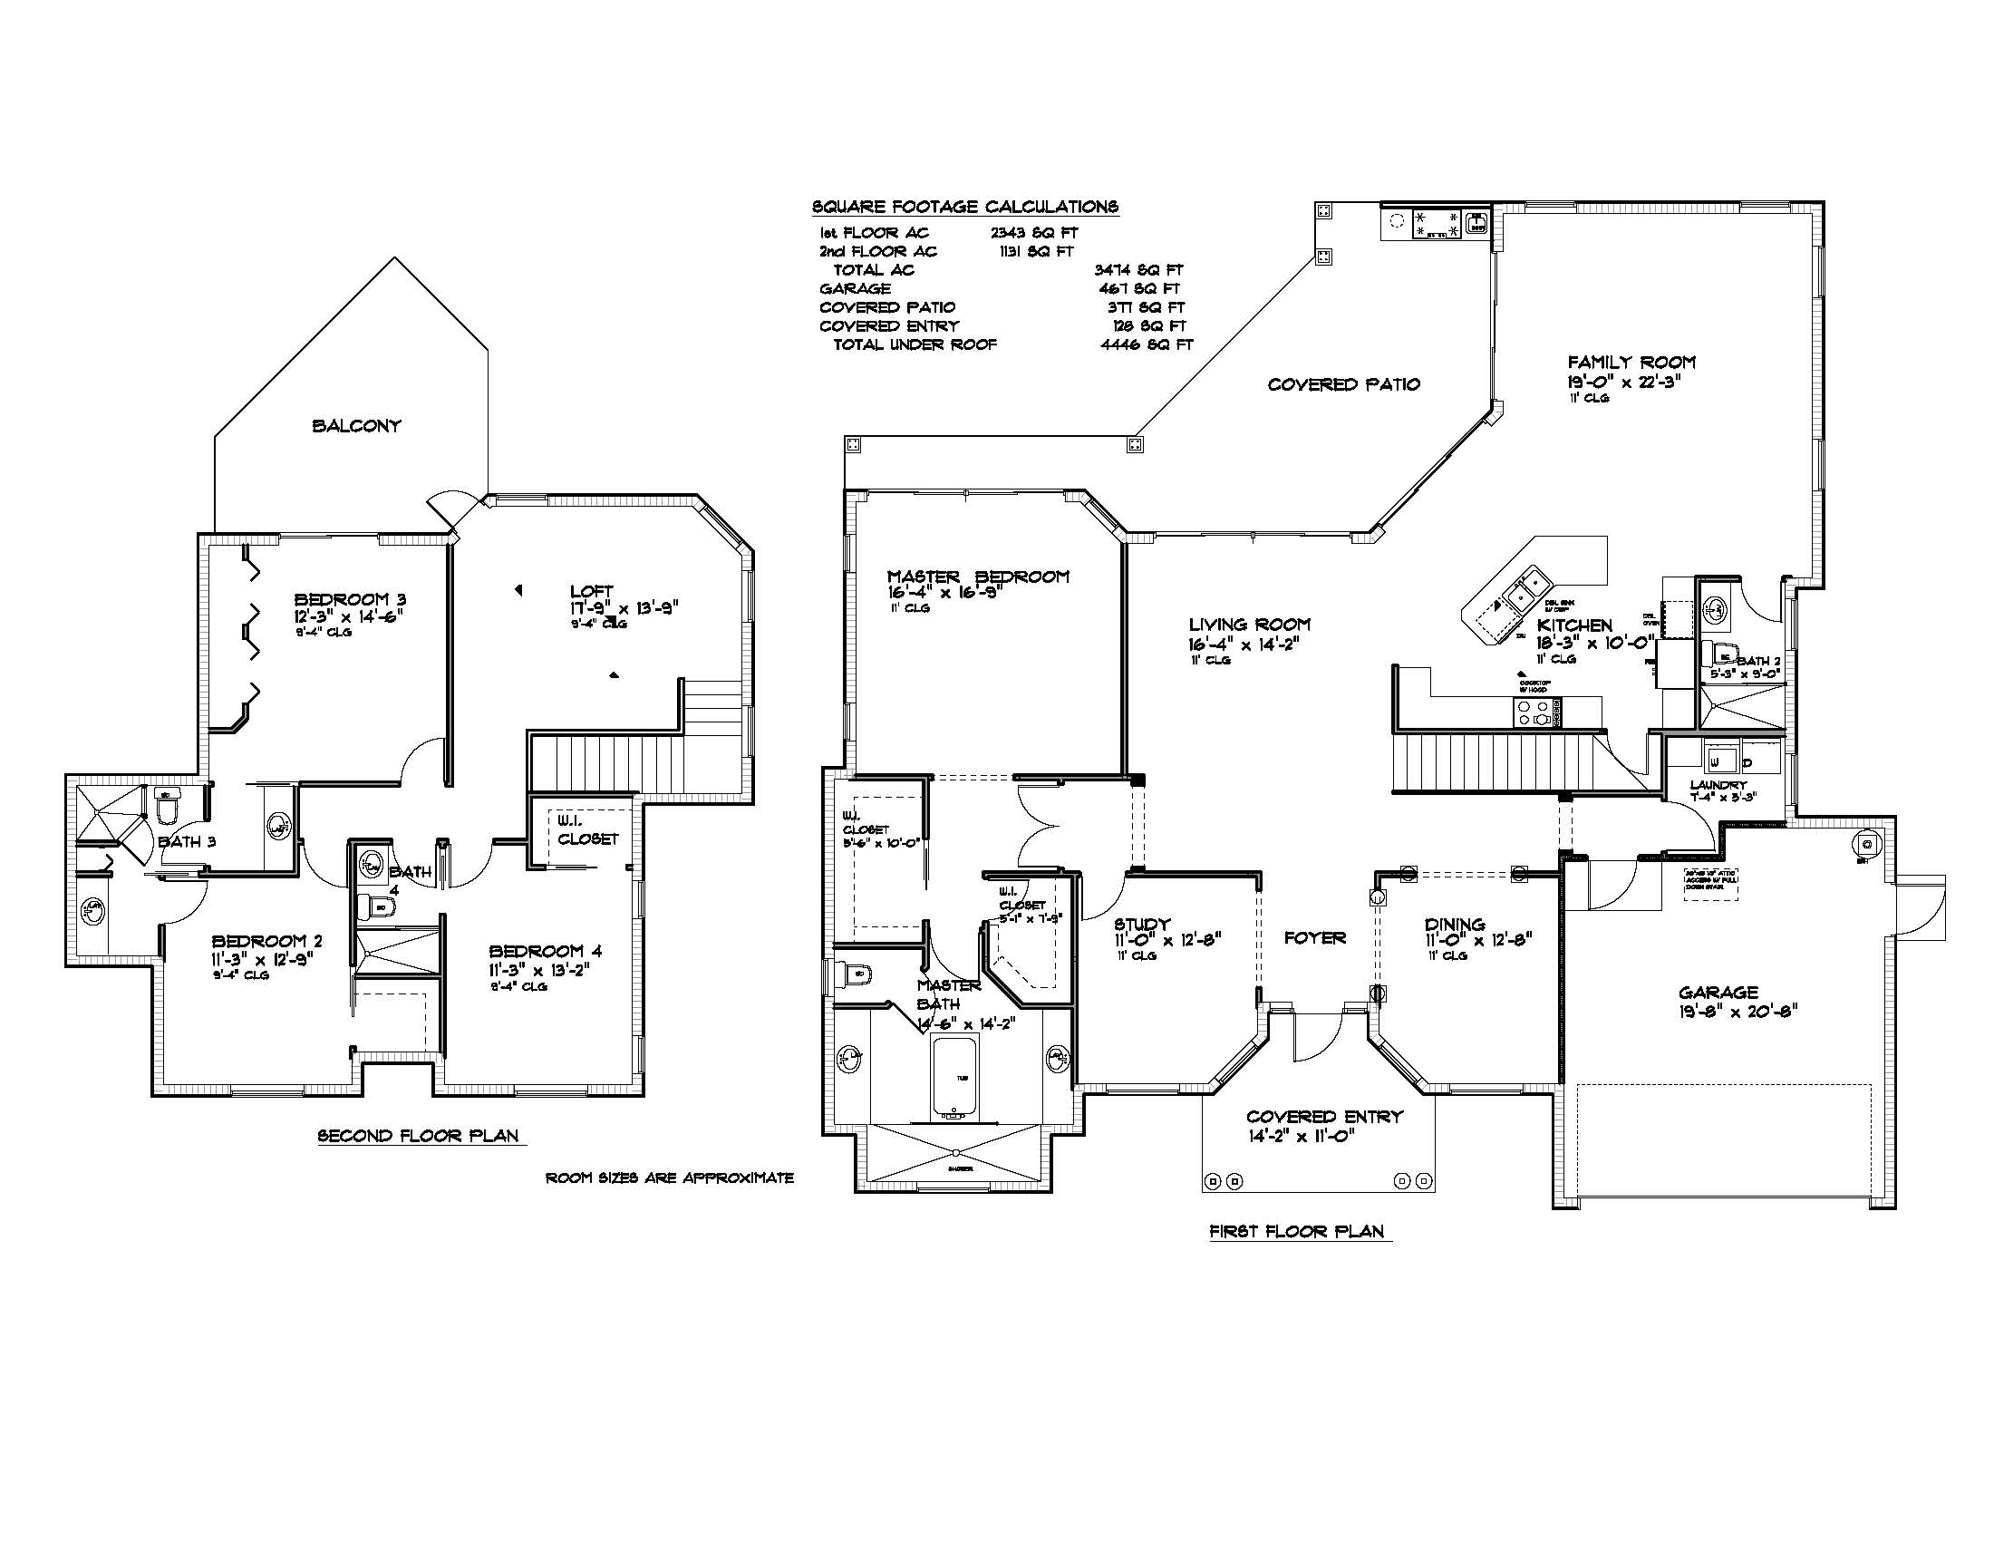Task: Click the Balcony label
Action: pyautogui.click(x=356, y=425)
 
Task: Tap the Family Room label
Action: pyautogui.click(x=1631, y=362)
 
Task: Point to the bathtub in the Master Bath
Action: pyautogui.click(x=954, y=1077)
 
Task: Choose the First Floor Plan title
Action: pyautogui.click(x=1295, y=1232)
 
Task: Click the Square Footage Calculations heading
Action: pyautogui.click(x=965, y=207)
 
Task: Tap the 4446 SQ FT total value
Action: pyautogui.click(x=1147, y=345)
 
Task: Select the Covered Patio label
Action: pyautogui.click(x=1343, y=384)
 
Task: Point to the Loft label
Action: pyautogui.click(x=591, y=591)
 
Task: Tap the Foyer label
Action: pyautogui.click(x=1315, y=937)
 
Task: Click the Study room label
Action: pyautogui.click(x=1142, y=925)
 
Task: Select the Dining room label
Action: pyautogui.click(x=1455, y=925)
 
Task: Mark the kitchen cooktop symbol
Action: pyautogui.click(x=1536, y=712)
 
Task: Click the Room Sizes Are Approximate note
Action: pyautogui.click(x=669, y=1178)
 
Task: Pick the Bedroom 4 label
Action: pyautogui.click(x=545, y=951)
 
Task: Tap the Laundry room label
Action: pyautogui.click(x=1718, y=785)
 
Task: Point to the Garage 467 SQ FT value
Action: pyautogui.click(x=1139, y=288)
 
